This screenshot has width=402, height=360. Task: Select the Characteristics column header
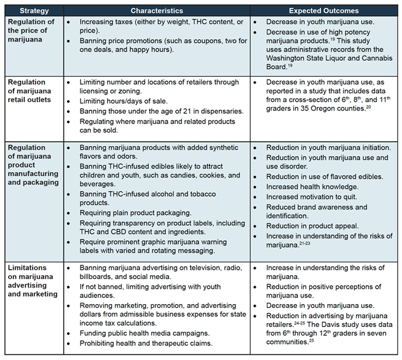click(x=157, y=11)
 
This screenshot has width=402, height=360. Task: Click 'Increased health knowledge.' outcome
click(x=312, y=187)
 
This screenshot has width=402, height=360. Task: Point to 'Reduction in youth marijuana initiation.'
click(x=328, y=147)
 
